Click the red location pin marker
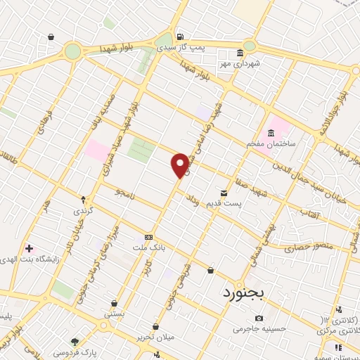[x=180, y=165]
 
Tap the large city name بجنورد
[x=251, y=292]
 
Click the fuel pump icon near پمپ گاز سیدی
[x=180, y=37]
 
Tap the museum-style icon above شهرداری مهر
[x=240, y=53]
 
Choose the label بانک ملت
[x=148, y=247]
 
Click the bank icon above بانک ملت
[x=148, y=238]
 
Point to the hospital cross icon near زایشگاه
[x=28, y=248]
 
